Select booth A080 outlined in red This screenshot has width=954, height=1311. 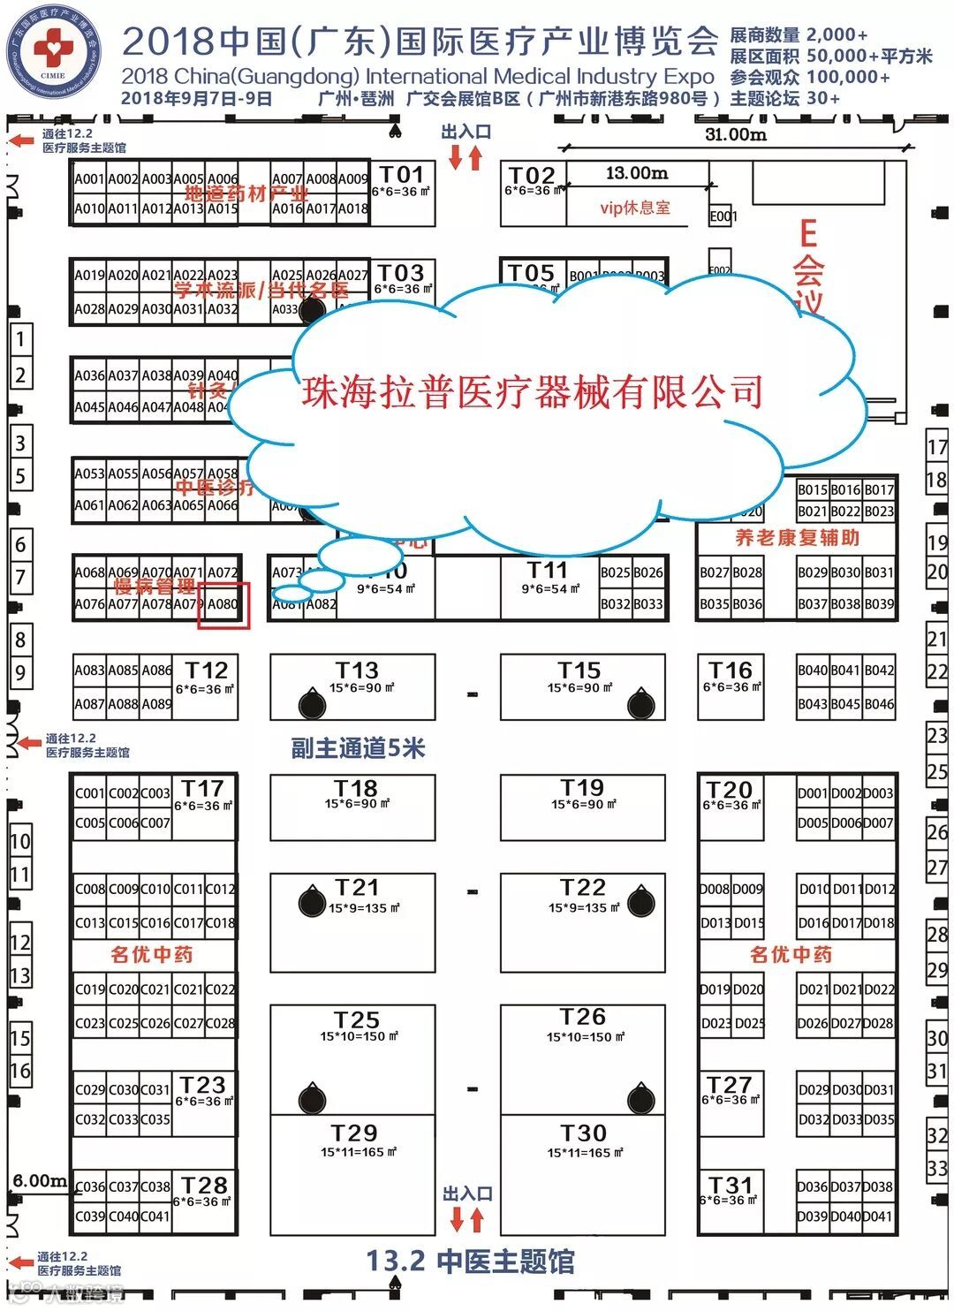(223, 605)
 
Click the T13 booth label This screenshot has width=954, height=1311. (356, 671)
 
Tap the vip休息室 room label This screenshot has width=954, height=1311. (635, 208)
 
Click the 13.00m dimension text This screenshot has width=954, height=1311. (637, 173)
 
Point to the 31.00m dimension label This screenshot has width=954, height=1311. (735, 134)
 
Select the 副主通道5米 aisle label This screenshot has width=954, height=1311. (358, 749)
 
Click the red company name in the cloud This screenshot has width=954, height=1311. (532, 392)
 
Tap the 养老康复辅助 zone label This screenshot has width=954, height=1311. (797, 537)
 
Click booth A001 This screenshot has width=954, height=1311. (89, 178)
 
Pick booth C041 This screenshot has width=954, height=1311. (155, 1216)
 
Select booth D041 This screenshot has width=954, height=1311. (878, 1216)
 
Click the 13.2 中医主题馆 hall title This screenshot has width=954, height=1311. (470, 1262)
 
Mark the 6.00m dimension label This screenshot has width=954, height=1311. (39, 1180)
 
